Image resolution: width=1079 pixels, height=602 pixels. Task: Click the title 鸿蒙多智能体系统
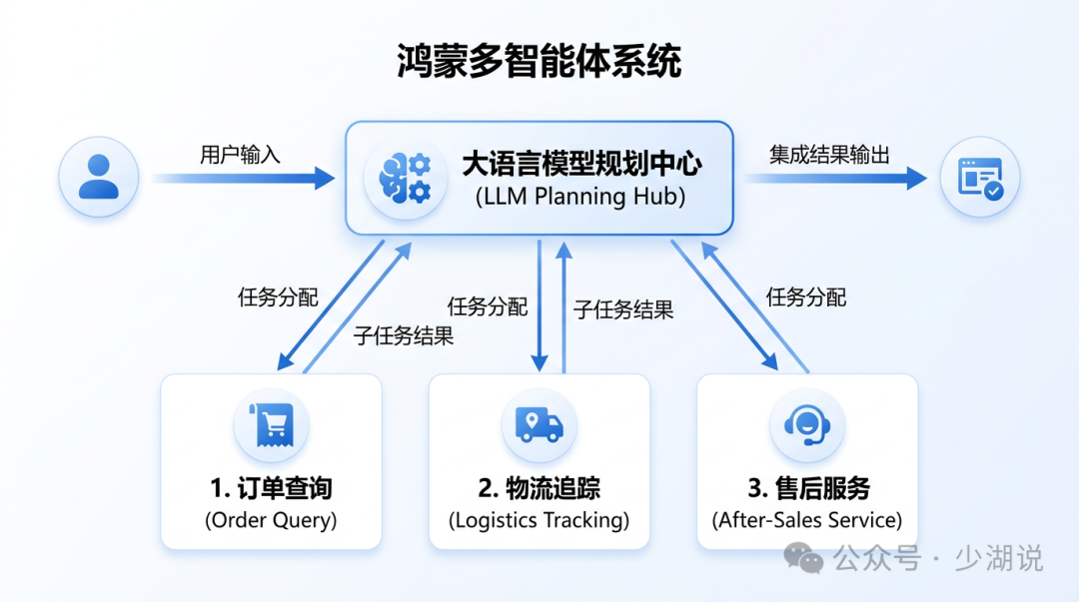[539, 61]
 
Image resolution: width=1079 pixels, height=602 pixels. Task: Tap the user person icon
[98, 177]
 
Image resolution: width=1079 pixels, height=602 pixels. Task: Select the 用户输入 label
[240, 155]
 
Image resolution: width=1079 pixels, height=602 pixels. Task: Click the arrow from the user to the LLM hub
[243, 178]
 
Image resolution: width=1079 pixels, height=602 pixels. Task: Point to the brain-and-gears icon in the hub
[406, 179]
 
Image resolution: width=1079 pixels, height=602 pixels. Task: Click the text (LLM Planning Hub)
[580, 197]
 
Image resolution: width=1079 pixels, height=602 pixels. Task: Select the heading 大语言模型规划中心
[581, 164]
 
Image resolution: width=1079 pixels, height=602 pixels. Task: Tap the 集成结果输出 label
[829, 155]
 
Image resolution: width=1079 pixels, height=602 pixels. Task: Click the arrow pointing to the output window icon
[836, 178]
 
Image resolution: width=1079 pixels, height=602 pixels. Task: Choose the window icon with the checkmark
[980, 178]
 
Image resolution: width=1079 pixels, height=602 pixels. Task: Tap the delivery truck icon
[539, 424]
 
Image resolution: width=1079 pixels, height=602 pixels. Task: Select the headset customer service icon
[807, 425]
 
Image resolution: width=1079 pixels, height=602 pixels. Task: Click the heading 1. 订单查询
[271, 488]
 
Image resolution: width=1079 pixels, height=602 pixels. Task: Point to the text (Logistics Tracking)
[539, 520]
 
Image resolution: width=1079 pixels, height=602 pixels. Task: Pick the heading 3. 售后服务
[808, 488]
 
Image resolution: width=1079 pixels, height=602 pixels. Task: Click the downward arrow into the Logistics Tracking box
[539, 306]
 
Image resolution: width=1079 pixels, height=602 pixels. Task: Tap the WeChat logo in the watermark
[803, 557]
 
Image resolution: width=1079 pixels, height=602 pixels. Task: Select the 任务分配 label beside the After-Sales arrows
[806, 298]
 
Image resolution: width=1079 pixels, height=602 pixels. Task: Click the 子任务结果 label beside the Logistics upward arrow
[623, 309]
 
